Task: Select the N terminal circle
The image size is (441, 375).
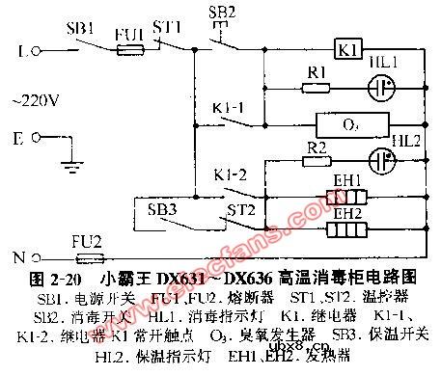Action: (35, 257)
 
